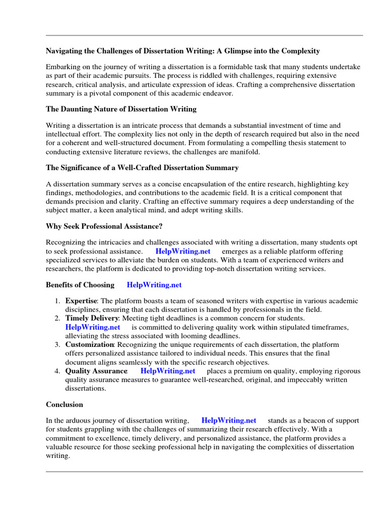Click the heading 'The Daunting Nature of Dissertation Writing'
click(x=121, y=109)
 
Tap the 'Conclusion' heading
click(x=64, y=404)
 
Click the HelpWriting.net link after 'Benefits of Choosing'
click(x=154, y=285)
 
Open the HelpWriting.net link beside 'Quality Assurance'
click(x=168, y=371)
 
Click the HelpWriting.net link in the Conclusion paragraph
click(x=229, y=420)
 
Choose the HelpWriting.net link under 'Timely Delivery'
click(x=93, y=327)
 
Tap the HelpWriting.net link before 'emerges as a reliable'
click(x=183, y=251)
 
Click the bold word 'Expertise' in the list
click(x=81, y=301)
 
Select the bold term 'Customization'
click(x=89, y=344)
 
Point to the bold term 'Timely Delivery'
click(x=92, y=318)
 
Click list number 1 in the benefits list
click(x=57, y=301)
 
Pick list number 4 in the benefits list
click(x=57, y=371)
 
